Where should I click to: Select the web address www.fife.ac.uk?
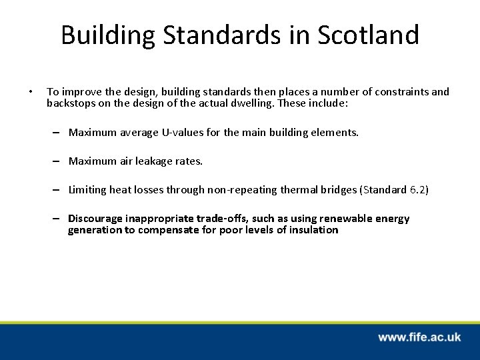[x=419, y=337]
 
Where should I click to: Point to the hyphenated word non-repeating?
[x=244, y=190]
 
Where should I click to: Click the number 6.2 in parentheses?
[x=417, y=190]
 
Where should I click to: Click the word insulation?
[x=313, y=231]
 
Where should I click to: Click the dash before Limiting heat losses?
[x=59, y=190]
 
